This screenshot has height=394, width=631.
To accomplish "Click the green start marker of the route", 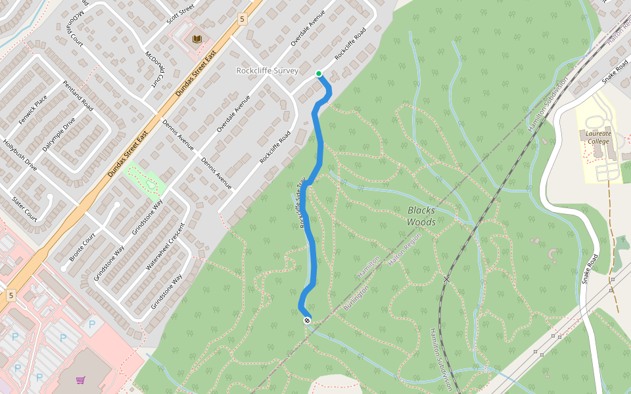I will pos(319,74).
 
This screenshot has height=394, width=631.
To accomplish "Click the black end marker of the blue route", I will pos(307,320).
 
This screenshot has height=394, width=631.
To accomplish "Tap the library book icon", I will pos(197,39).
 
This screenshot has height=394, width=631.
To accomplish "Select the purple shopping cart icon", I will pos(80,380).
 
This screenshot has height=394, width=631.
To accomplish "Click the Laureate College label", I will pos(598,137).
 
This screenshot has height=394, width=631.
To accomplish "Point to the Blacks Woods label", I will pos(421,216).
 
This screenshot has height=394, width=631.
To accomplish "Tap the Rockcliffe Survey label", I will pos(267,70).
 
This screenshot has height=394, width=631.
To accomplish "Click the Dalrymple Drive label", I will pos(59,134).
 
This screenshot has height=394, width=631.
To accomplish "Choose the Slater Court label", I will pos(24,206).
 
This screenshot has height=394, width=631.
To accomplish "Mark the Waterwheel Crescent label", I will pos(166,246).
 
